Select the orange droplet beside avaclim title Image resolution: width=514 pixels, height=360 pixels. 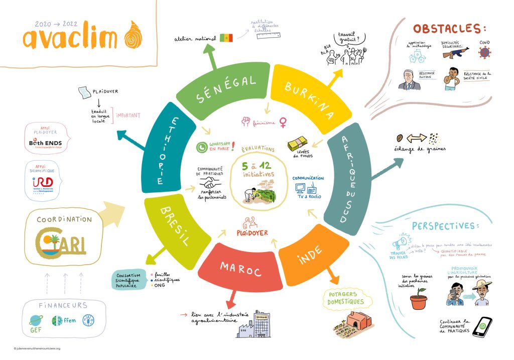point(136,34)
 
